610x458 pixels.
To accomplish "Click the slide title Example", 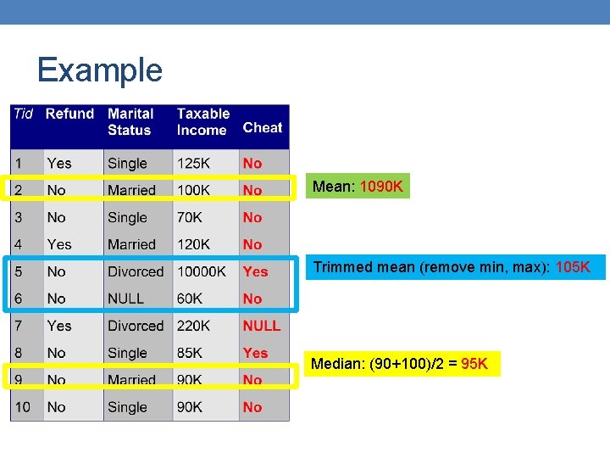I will (x=99, y=70).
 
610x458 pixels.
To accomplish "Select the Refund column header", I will (x=69, y=114).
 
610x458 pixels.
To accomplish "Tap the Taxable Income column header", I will (x=202, y=121).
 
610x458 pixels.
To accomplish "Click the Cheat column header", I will (x=262, y=127).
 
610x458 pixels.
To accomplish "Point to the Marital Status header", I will (x=130, y=121).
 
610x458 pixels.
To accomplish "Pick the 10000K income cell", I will (x=201, y=271).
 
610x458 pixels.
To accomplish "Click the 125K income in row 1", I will (x=194, y=163).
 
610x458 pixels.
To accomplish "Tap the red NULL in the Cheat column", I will (x=261, y=326).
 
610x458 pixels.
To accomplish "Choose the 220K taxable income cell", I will (x=194, y=326).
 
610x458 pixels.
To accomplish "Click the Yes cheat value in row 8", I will (x=255, y=353).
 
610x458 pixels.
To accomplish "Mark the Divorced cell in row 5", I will (x=136, y=271).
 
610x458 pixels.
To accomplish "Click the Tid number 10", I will (x=22, y=407).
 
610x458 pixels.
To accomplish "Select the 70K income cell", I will (x=190, y=217).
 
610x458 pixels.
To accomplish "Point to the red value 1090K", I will (x=381, y=186).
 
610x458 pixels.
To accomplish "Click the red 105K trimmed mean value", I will (x=573, y=267).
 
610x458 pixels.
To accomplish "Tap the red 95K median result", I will (x=474, y=364).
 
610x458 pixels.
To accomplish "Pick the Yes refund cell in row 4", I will (x=59, y=244).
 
